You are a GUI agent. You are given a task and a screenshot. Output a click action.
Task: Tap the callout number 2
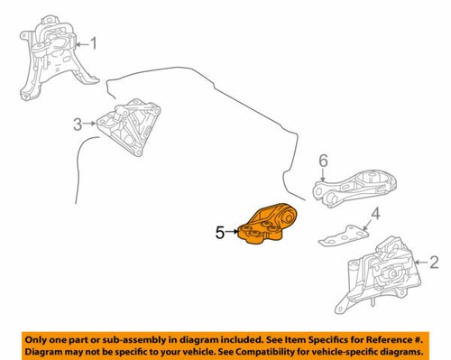coord(435,263)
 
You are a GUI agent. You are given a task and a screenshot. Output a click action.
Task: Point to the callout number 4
coord(377,215)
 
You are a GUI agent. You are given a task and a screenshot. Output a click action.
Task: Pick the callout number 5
coord(219,233)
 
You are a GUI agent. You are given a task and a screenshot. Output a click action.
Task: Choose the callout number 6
coord(322,162)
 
